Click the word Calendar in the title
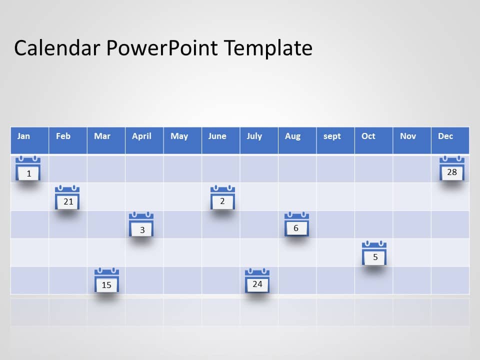[x=57, y=48]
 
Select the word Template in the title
[x=268, y=48]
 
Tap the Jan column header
[x=29, y=140]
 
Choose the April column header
[x=144, y=140]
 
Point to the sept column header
[x=335, y=140]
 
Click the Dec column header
[x=450, y=140]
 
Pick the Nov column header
[x=412, y=140]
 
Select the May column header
[x=183, y=140]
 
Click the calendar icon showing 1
[x=28, y=168]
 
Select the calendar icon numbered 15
[x=107, y=280]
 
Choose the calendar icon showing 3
[x=141, y=224]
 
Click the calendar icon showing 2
[x=222, y=197]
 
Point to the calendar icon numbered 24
[x=257, y=280]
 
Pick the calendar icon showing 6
[x=296, y=224]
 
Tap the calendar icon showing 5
[x=374, y=253]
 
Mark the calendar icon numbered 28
[x=452, y=168]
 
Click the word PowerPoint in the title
[x=162, y=48]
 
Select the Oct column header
[x=374, y=140]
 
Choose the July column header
[x=259, y=140]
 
